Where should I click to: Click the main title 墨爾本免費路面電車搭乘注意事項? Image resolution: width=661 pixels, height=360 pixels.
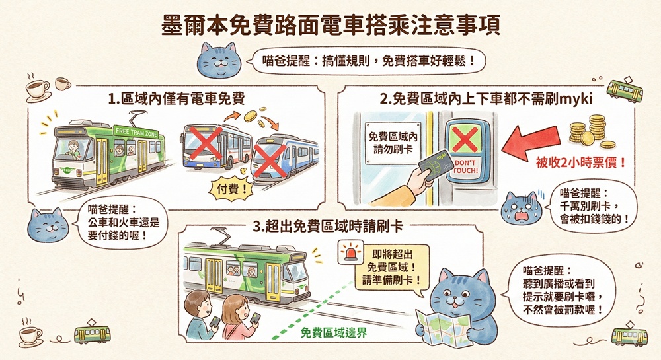click(x=331, y=25)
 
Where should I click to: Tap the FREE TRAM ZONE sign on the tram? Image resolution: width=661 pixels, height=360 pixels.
click(x=136, y=132)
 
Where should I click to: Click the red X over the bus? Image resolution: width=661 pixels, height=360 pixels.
click(x=206, y=143)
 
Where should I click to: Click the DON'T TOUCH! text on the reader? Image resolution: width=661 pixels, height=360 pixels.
click(x=466, y=166)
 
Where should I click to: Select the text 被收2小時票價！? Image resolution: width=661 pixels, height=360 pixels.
click(x=581, y=162)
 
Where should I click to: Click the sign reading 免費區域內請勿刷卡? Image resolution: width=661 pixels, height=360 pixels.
click(x=393, y=143)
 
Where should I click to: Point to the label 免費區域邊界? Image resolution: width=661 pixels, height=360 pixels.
click(x=333, y=333)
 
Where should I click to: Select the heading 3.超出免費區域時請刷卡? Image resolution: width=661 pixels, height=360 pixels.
click(x=328, y=227)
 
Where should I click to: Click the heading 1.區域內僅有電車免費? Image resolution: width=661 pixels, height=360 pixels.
click(x=176, y=98)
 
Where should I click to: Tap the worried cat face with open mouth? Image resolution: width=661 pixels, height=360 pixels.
click(x=522, y=208)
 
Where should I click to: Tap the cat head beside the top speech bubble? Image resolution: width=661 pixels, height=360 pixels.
click(x=219, y=60)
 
